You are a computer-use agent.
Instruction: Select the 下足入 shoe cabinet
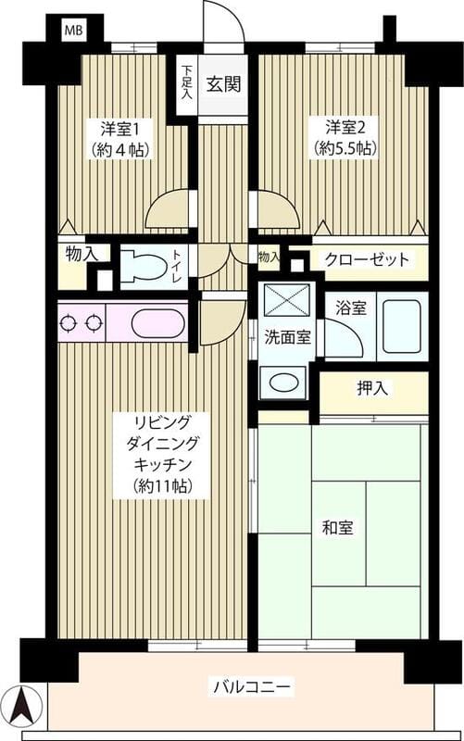coord(187,82)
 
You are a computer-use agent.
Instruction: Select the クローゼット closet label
coord(367,259)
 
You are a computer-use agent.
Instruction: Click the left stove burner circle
coord(68,324)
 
